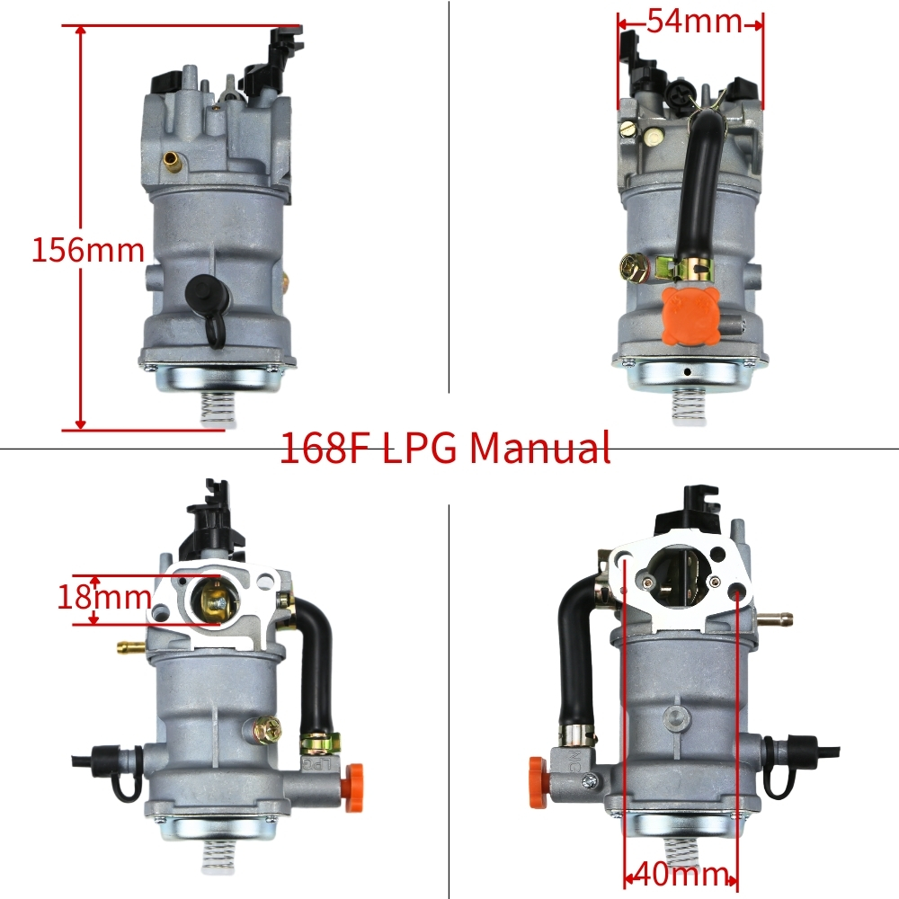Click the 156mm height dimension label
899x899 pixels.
click(x=88, y=250)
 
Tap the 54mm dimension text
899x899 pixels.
click(x=694, y=22)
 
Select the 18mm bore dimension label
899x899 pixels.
click(x=103, y=597)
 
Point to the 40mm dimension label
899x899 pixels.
click(x=681, y=875)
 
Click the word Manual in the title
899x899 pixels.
click(x=539, y=448)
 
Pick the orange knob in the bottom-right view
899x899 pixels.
click(x=539, y=779)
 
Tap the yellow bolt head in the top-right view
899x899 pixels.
click(x=634, y=268)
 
